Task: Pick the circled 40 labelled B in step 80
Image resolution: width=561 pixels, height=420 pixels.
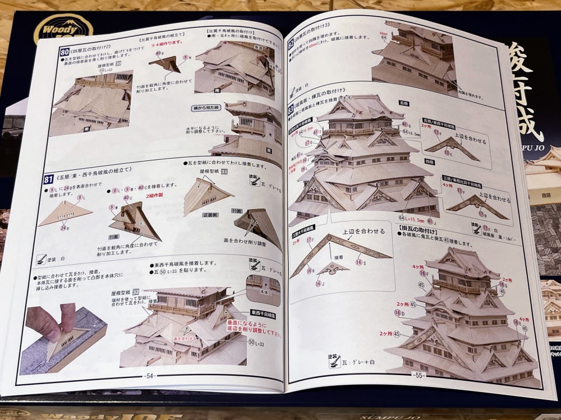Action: (159, 53)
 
